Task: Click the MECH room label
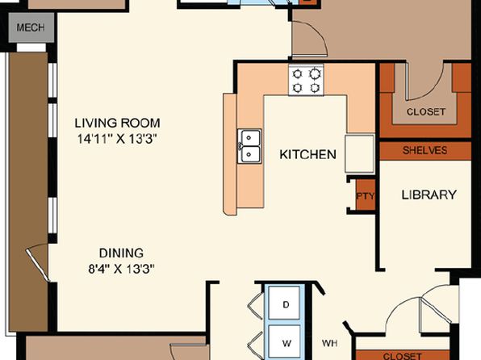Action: (31, 27)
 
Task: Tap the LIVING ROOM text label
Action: (118, 123)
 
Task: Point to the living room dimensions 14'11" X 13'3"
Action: (117, 139)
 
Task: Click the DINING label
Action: (121, 253)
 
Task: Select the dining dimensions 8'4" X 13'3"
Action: (121, 269)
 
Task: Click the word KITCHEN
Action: (307, 154)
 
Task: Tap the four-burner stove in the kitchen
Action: (306, 80)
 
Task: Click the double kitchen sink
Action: (249, 146)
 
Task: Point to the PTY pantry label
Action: (366, 196)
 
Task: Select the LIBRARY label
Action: (429, 195)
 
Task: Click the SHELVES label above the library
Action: (425, 150)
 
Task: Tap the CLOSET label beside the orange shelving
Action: (426, 111)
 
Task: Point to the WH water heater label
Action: (330, 343)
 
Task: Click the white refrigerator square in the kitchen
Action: (359, 153)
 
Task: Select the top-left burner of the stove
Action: (297, 74)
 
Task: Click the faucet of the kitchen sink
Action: (239, 146)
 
